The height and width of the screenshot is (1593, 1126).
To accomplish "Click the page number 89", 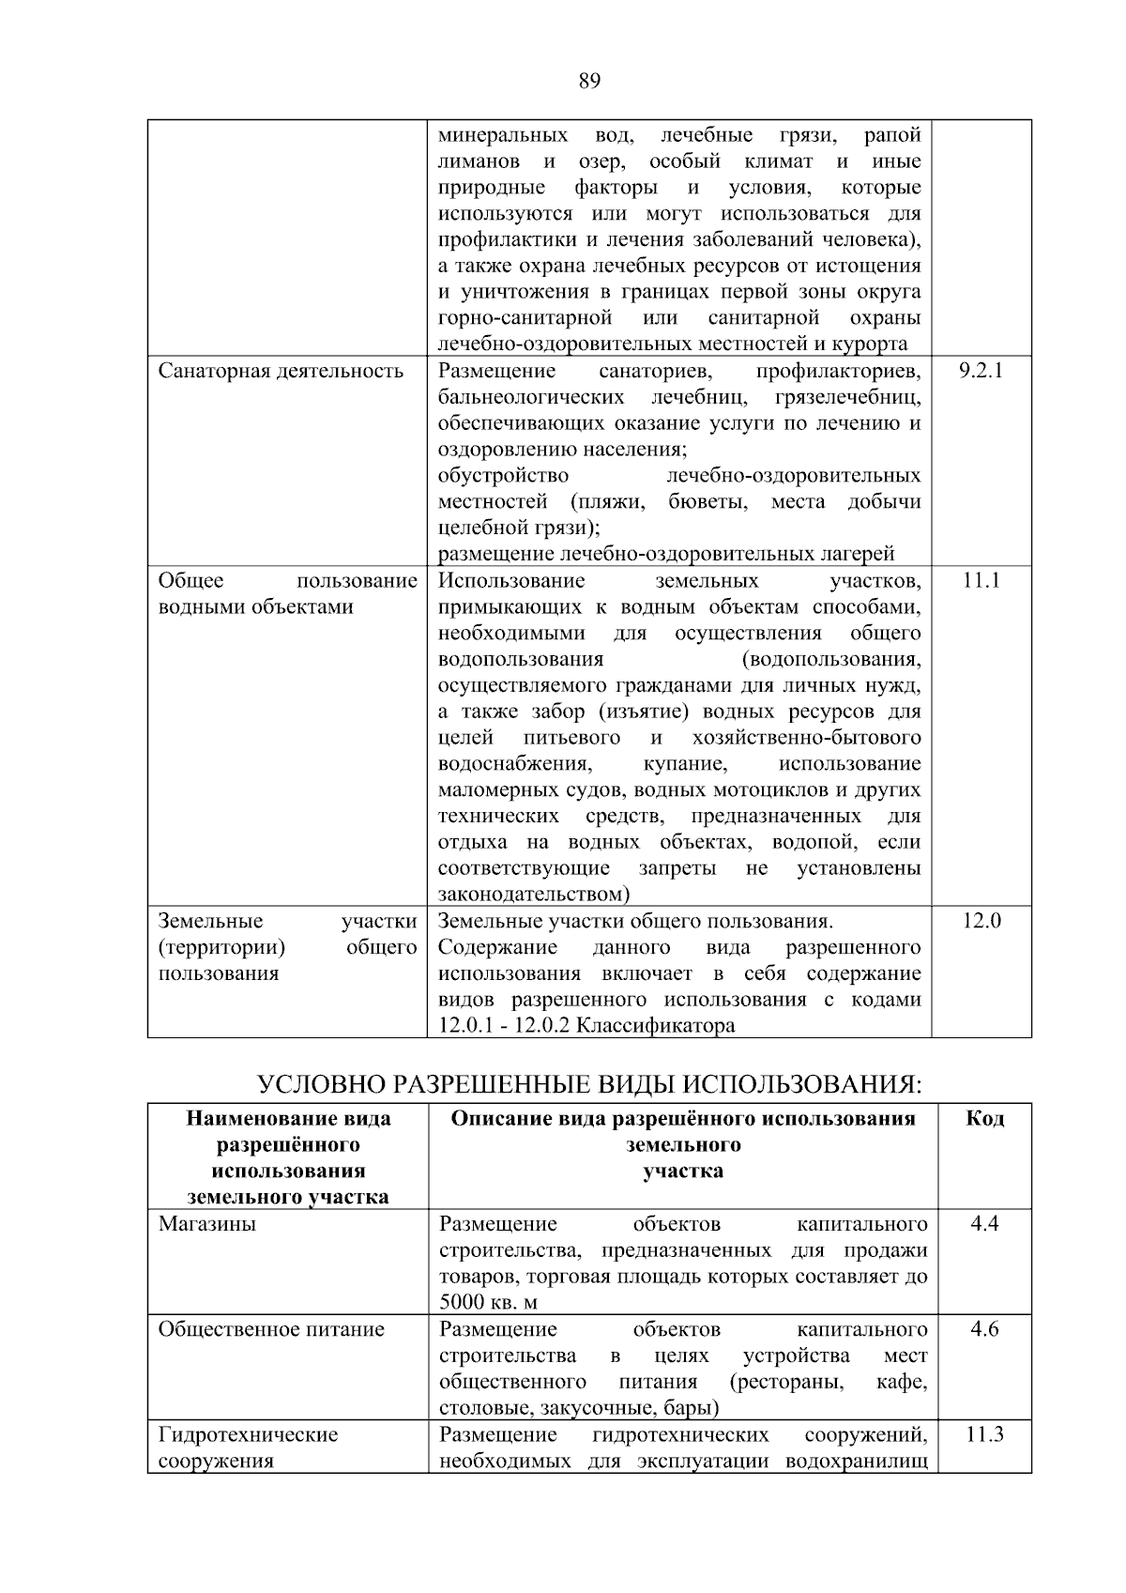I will [589, 81].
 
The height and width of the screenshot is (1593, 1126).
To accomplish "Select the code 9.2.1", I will [981, 371].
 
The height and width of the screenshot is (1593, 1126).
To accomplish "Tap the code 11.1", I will [981, 581].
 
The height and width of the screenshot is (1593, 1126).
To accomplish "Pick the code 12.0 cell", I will [981, 921].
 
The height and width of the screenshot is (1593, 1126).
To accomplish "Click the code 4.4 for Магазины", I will [984, 1224].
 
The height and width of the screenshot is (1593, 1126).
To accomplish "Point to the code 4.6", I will [984, 1329].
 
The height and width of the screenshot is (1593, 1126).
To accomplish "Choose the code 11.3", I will [984, 1434].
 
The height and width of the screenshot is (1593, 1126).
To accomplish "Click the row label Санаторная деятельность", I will [281, 371].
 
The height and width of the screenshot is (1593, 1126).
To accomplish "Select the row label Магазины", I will [206, 1224].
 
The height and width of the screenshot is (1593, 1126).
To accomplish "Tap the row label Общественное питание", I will [271, 1329].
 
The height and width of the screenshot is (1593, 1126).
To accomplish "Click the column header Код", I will [984, 1118].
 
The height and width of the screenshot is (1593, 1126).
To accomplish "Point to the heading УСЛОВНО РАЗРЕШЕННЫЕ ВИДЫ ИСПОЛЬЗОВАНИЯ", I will [589, 1084].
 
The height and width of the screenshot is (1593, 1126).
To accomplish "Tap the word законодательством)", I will [534, 895].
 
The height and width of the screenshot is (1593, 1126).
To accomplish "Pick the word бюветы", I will [708, 502].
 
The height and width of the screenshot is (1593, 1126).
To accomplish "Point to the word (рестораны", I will [785, 1382].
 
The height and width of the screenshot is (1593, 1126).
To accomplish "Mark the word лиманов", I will [479, 161].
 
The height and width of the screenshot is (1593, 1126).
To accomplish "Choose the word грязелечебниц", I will [848, 397].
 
